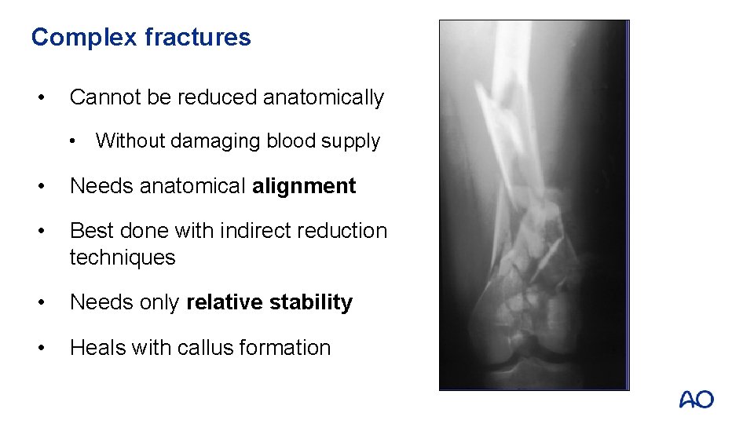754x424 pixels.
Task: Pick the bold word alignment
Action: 304,186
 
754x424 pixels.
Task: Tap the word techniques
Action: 123,258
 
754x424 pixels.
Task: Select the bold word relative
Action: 224,302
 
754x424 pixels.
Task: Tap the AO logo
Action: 697,400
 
